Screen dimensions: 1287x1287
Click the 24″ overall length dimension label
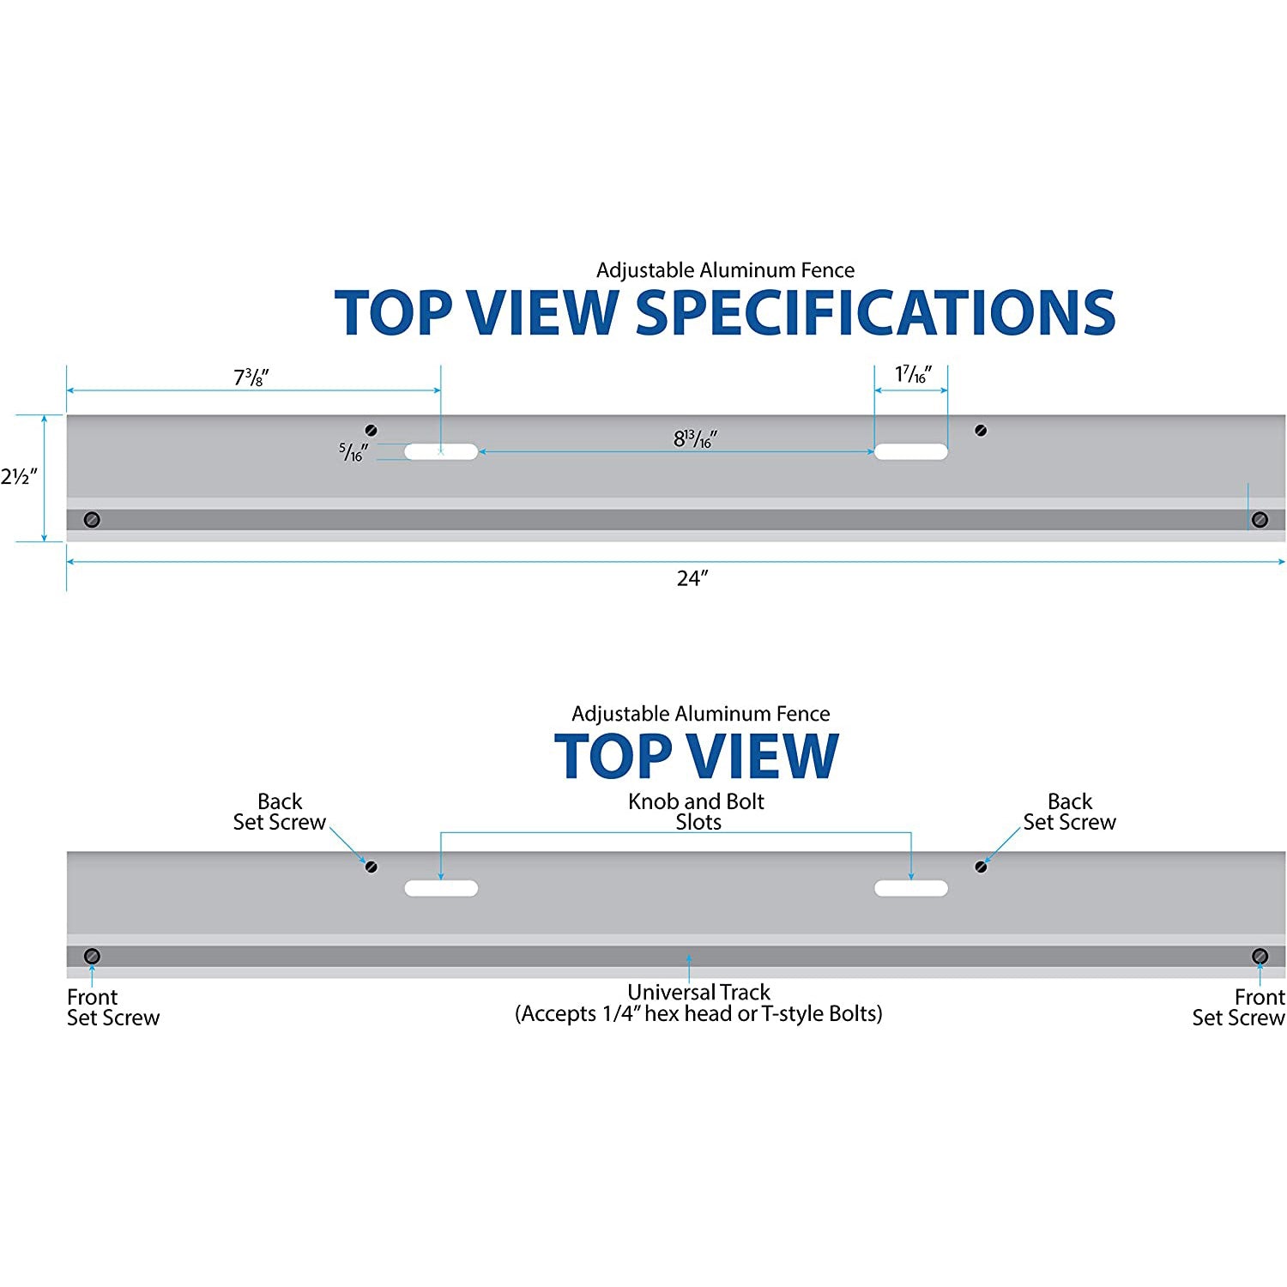click(x=692, y=578)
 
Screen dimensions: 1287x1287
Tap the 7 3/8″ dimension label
click(x=251, y=378)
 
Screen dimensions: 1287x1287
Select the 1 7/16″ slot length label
click(x=913, y=374)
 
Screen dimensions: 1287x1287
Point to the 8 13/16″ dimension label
click(x=695, y=438)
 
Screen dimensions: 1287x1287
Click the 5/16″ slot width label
click(x=353, y=451)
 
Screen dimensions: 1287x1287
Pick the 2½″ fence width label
click(x=19, y=477)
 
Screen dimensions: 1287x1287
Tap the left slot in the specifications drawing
click(x=441, y=451)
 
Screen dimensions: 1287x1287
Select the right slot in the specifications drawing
click(x=911, y=451)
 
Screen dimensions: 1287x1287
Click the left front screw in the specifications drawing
click(x=92, y=519)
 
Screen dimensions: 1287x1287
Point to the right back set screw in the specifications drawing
click(x=981, y=430)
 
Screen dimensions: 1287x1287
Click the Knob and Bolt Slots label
click(x=697, y=812)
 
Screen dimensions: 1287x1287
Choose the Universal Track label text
click(x=698, y=1003)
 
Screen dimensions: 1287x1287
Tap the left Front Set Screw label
click(x=113, y=1007)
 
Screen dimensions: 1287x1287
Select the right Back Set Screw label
click(x=1069, y=812)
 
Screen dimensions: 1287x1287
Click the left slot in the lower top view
click(x=441, y=888)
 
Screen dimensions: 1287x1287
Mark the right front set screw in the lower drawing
click(x=1260, y=956)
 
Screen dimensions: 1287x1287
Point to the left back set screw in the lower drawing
click(x=372, y=867)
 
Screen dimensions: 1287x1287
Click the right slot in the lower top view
click(x=911, y=888)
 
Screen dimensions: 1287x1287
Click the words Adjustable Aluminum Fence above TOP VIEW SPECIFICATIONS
click(x=726, y=270)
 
